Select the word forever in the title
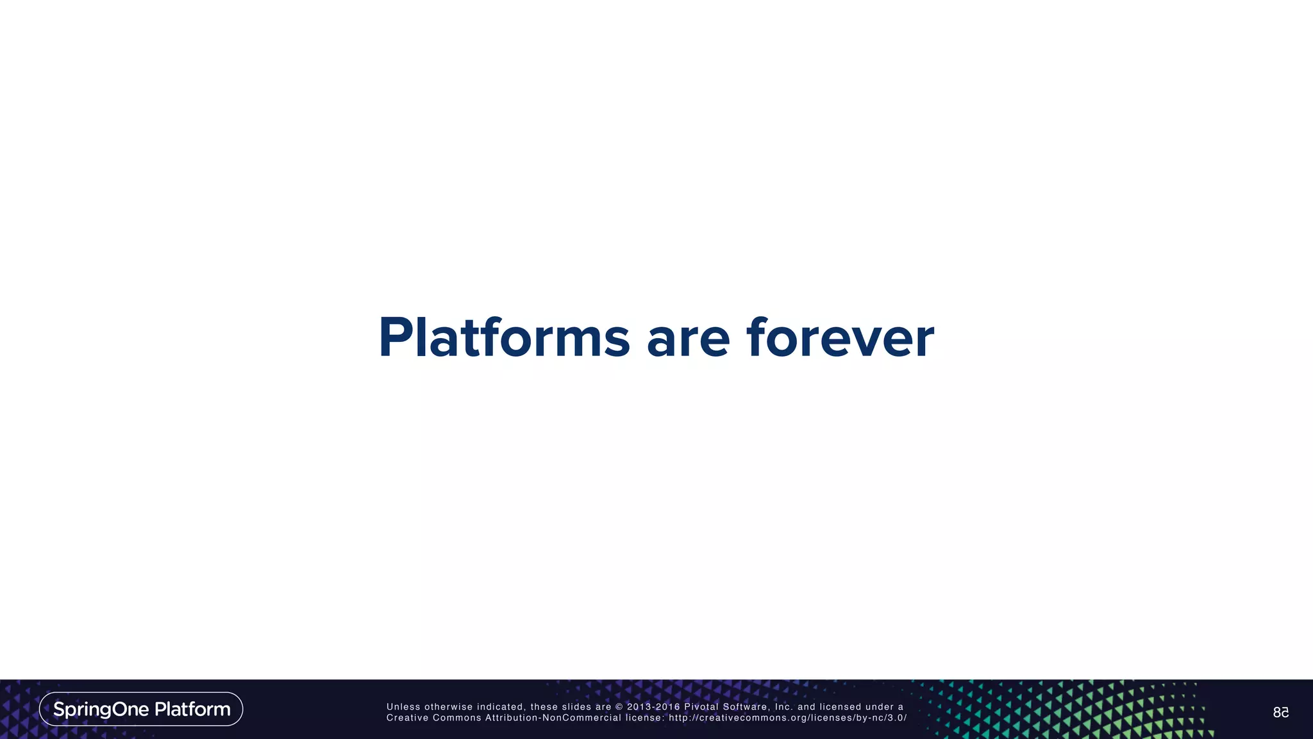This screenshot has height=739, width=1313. pos(840,337)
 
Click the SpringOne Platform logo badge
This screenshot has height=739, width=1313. pos(141,709)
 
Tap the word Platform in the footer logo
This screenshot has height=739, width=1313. pos(192,709)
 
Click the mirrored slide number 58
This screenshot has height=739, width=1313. pos(1280,713)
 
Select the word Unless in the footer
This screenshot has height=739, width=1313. pos(403,707)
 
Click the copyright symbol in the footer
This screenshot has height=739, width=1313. pos(619,707)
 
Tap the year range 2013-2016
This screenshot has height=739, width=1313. pos(653,707)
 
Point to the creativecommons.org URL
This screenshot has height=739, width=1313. pos(788,718)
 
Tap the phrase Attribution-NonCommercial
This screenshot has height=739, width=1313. pos(553,718)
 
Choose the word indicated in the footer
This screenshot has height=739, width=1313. pos(500,707)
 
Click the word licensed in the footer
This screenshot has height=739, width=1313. pos(840,707)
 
